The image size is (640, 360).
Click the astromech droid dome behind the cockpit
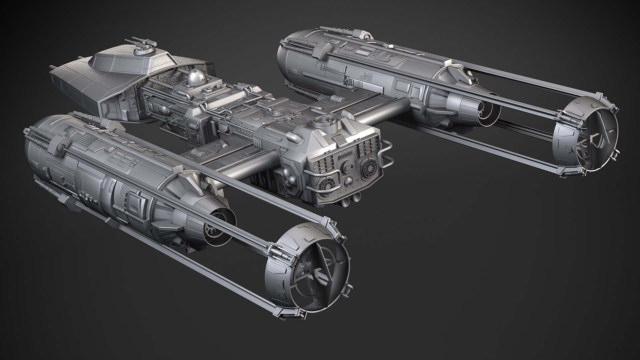tap(194, 79)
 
